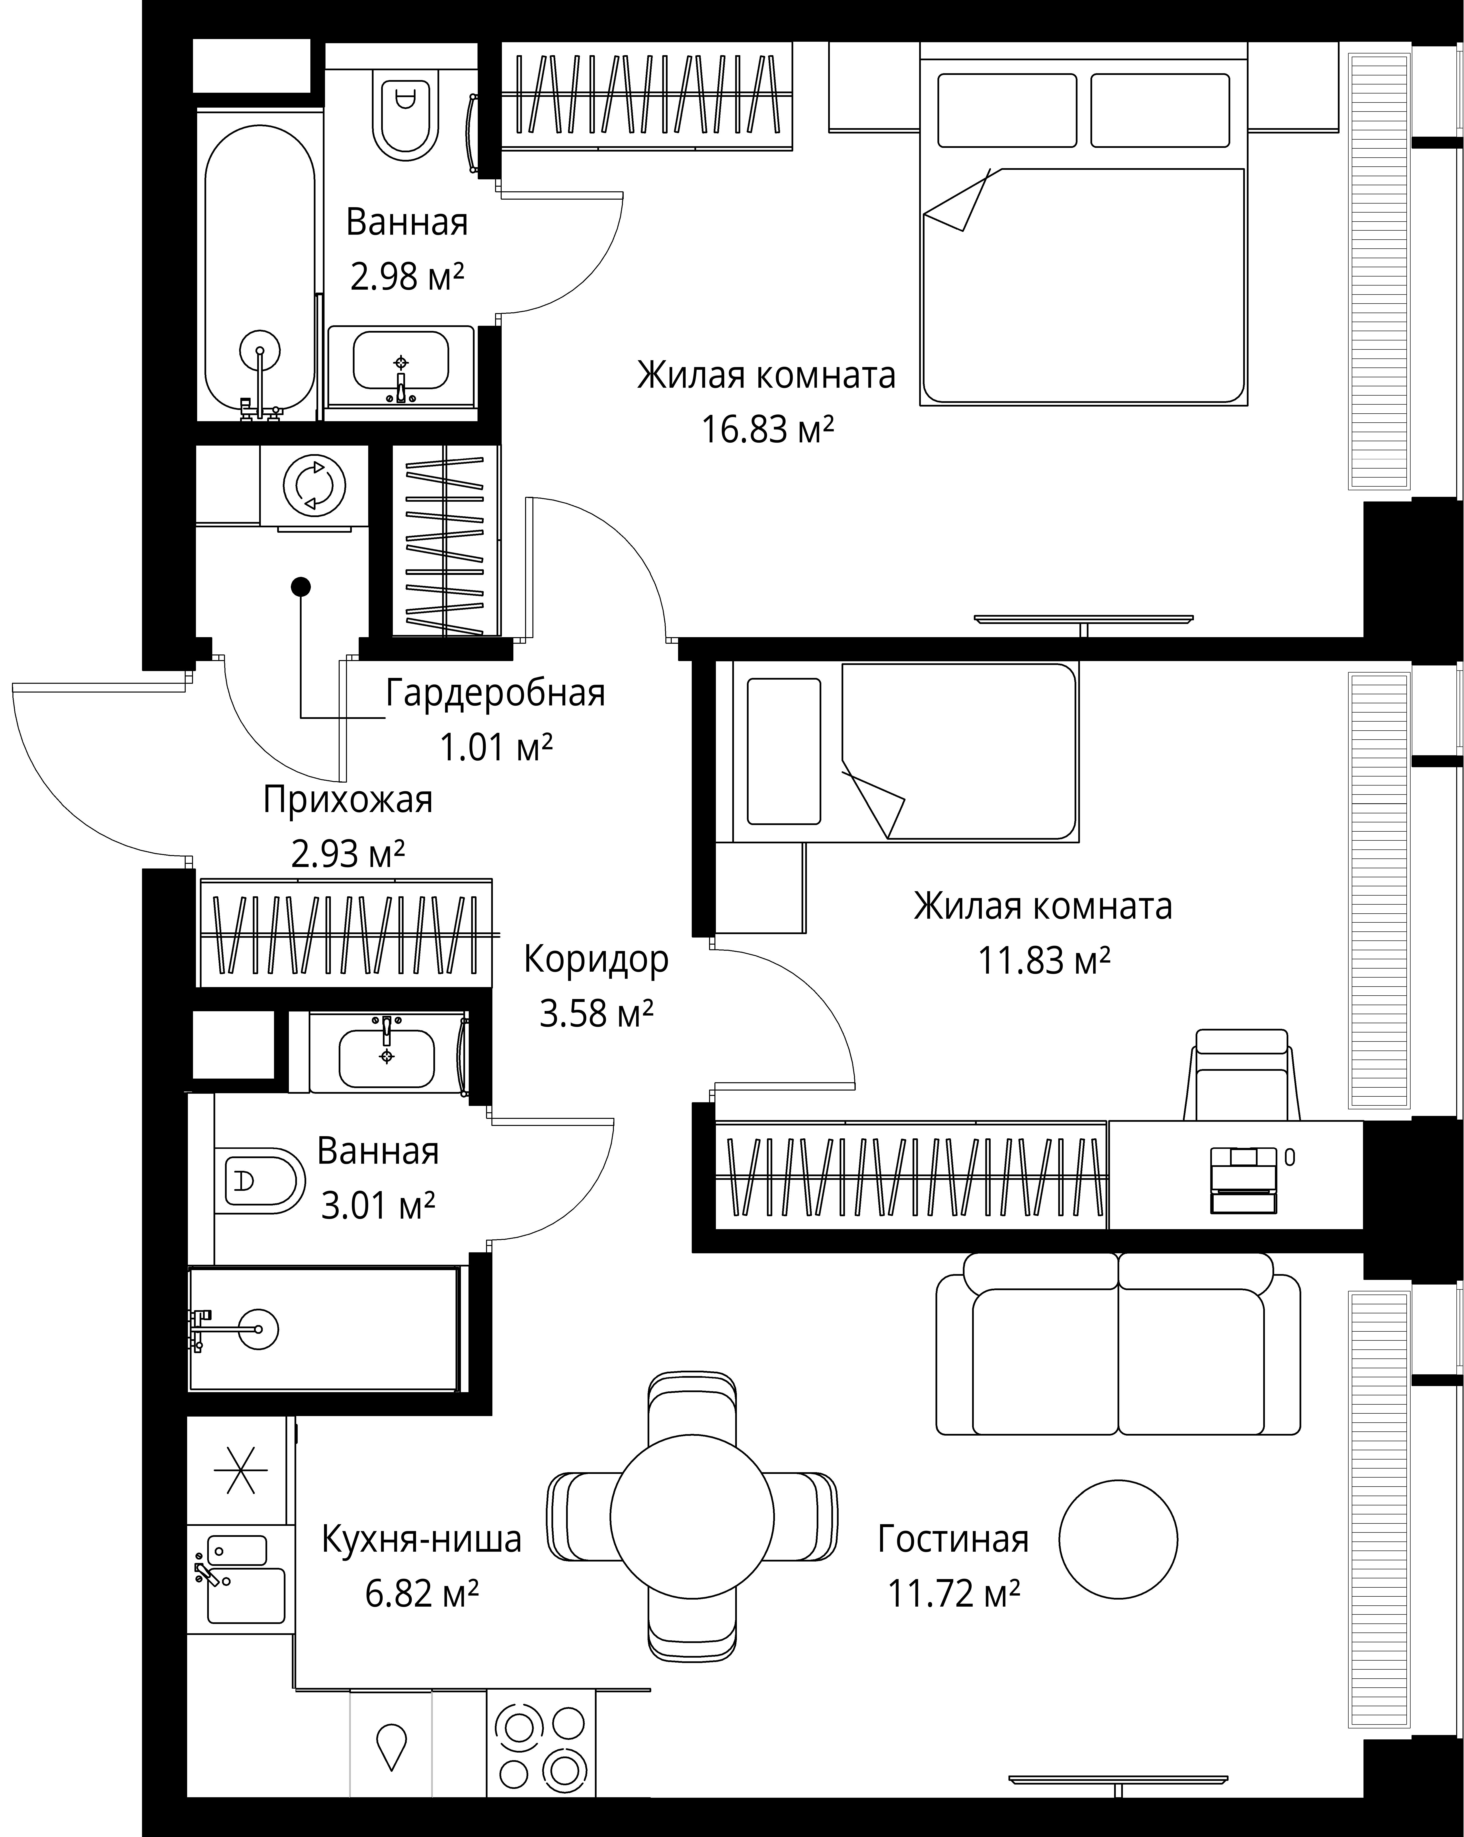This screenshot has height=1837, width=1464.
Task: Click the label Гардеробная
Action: (x=495, y=694)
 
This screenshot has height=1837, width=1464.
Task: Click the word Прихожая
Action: (x=348, y=800)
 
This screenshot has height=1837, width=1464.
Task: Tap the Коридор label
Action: (x=596, y=959)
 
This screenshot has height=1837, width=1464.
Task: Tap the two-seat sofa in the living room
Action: (x=1118, y=1353)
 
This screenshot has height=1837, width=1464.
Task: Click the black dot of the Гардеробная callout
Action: (x=301, y=586)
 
